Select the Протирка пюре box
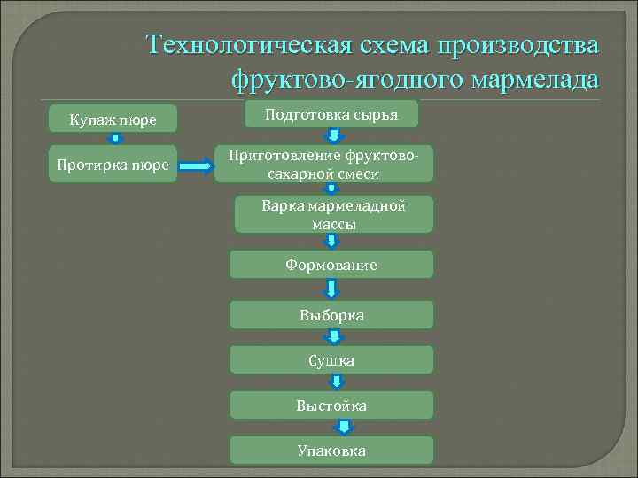pos(113,164)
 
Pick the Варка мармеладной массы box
pos(333,214)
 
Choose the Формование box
pos(331,265)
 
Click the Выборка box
pos(331,314)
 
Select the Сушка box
pos(331,360)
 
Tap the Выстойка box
pos(331,405)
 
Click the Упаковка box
pos(331,451)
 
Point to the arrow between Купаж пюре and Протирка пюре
pos(114,139)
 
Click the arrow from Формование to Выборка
pos(331,289)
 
